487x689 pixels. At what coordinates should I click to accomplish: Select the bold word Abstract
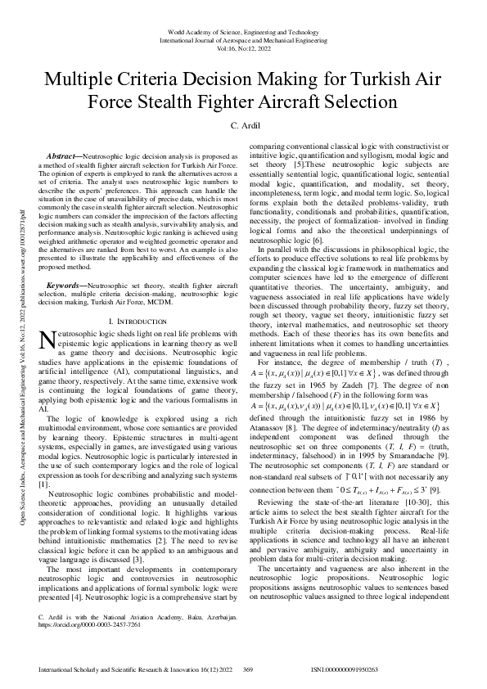pos(61,155)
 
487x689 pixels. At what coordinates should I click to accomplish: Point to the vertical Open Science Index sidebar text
pos(25,344)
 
